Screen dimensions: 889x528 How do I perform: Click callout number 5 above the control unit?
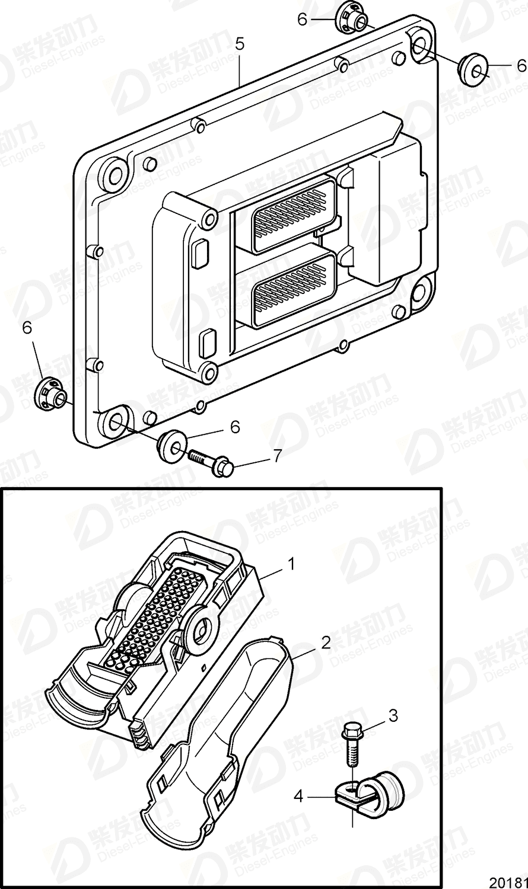coord(239,43)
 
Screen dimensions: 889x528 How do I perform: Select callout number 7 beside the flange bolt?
coord(276,455)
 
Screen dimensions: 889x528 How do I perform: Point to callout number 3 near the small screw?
coord(393,715)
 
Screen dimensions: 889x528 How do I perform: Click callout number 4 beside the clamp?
coord(298,797)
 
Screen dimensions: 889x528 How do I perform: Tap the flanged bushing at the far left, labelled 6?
coord(49,393)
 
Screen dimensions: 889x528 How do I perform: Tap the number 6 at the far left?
coord(27,327)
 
